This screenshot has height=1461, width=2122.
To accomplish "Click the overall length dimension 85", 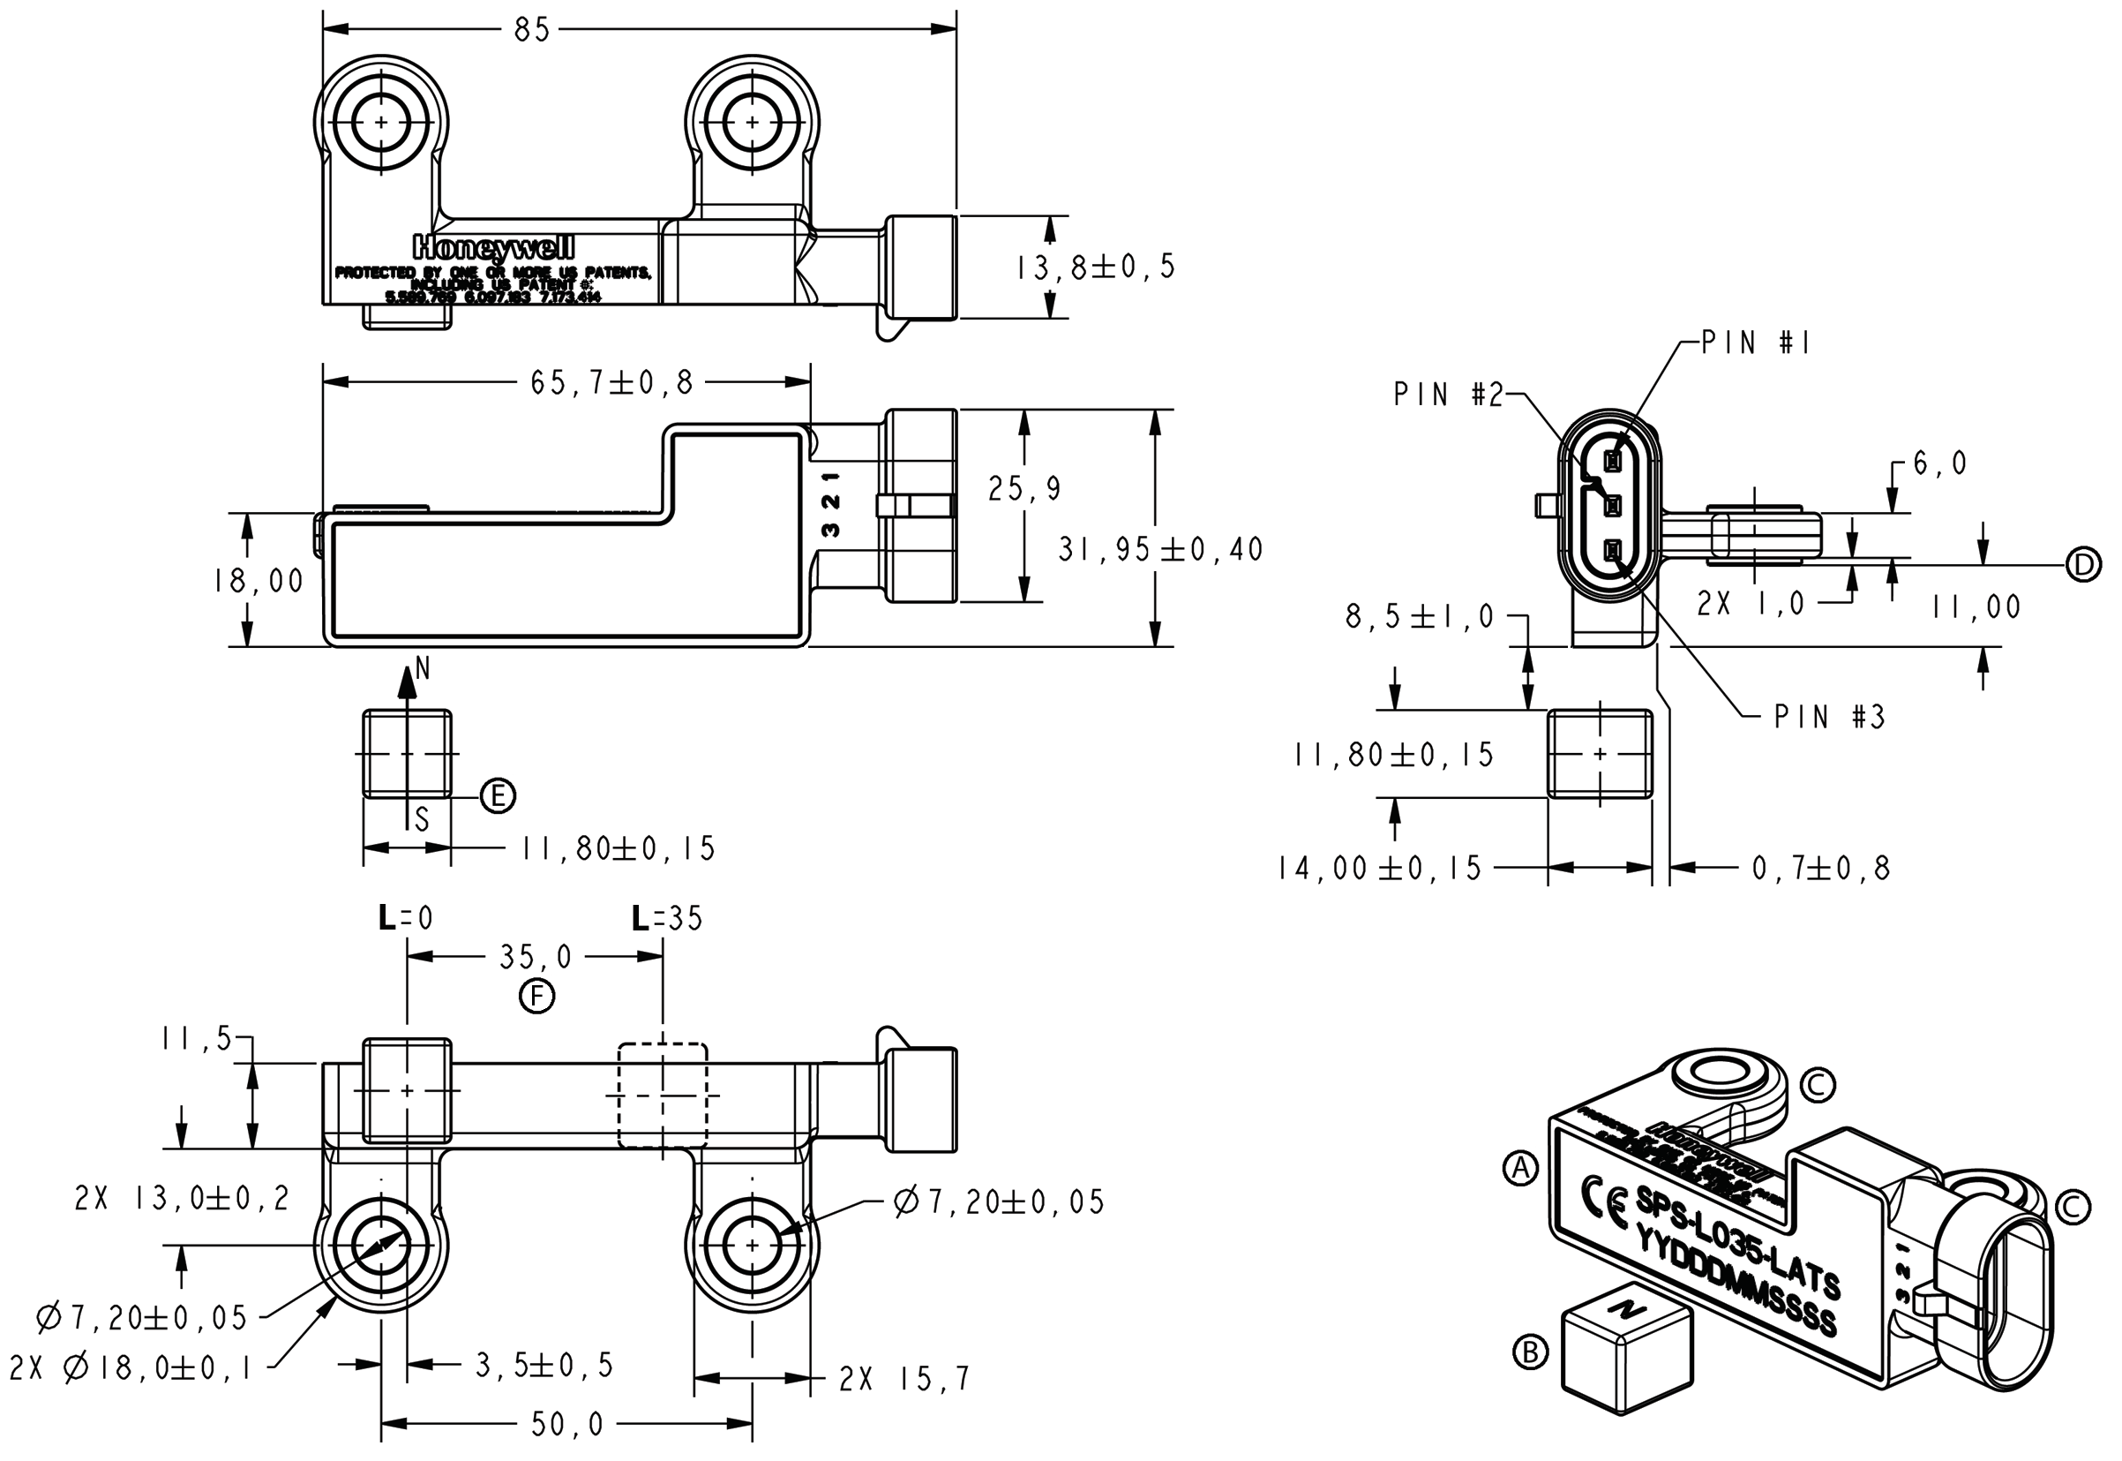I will [532, 30].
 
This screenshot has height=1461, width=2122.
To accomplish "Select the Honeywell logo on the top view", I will [493, 247].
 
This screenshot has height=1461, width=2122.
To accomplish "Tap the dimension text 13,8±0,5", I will [1095, 267].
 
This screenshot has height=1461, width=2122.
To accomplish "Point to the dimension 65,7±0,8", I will [611, 382].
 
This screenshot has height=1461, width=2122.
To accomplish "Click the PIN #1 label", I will [1755, 343].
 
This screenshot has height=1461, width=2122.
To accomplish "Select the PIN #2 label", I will [1448, 395].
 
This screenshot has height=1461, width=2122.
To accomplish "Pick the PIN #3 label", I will [1829, 717].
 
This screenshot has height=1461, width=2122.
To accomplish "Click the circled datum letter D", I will [2083, 565].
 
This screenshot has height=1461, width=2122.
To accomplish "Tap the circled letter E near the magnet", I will [498, 795].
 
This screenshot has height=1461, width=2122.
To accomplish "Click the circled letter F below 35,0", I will [537, 996].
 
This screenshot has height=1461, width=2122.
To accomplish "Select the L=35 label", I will [667, 918].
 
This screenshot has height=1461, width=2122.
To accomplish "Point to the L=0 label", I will [405, 918].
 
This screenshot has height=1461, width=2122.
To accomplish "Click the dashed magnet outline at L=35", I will [663, 1095].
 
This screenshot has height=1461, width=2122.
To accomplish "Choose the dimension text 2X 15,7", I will [904, 1380].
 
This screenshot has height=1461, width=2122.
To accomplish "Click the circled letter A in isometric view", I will [1521, 1168].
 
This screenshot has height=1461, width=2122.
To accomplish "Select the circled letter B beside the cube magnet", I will [1530, 1352].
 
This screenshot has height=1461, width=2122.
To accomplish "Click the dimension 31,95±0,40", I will [1160, 549].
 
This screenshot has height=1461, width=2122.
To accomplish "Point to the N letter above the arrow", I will [422, 669].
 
